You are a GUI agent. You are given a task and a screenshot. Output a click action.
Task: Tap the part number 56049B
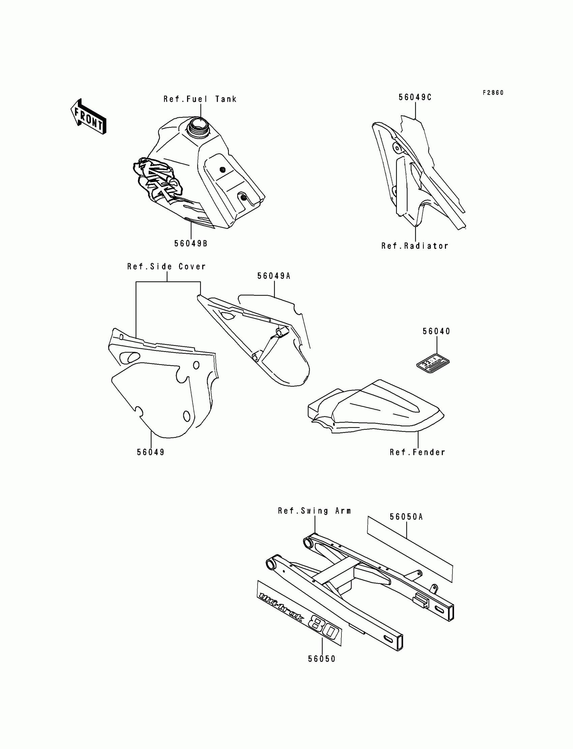191,243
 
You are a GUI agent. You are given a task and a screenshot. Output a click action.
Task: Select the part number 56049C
415,97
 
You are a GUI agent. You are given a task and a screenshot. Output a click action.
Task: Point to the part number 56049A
274,276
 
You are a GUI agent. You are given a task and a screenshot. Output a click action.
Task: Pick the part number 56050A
406,517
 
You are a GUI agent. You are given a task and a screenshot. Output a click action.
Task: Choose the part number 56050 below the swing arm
322,659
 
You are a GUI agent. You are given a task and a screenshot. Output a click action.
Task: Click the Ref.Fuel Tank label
200,99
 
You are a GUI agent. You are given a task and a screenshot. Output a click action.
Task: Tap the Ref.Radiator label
415,246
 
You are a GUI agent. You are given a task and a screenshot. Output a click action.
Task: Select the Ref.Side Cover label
167,267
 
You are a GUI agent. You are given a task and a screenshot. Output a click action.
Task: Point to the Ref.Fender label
418,452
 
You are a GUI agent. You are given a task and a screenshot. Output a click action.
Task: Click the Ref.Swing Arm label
314,511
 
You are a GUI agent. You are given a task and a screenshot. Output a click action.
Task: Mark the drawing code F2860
493,93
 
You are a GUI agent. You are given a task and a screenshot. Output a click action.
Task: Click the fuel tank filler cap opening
198,123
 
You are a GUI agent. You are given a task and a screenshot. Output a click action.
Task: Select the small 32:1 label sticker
433,364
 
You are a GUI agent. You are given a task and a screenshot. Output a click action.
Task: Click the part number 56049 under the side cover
151,452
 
